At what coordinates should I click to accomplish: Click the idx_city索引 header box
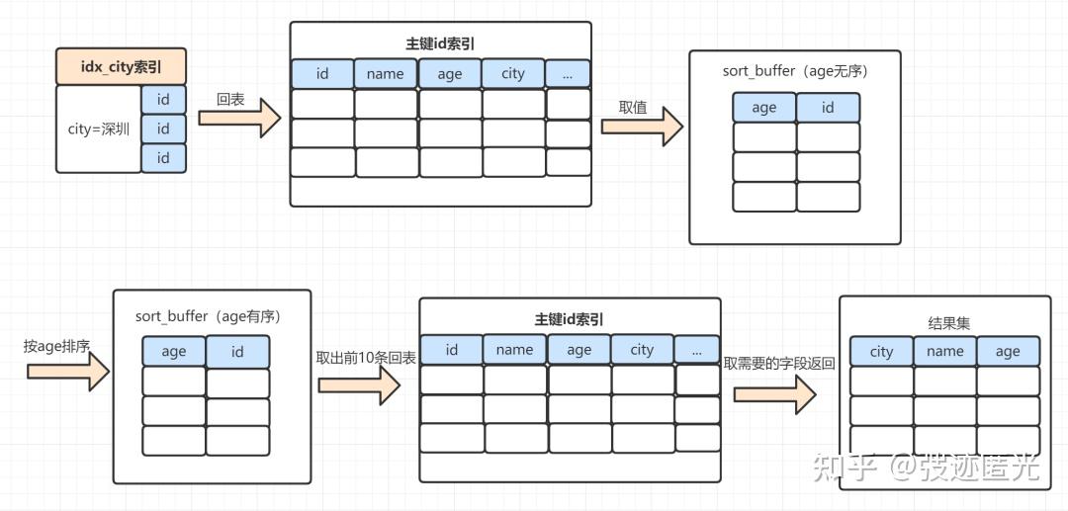click(121, 67)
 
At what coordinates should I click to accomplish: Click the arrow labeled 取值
click(642, 127)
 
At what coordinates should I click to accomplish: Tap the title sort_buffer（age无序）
click(795, 72)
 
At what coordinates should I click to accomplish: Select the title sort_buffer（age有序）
click(209, 316)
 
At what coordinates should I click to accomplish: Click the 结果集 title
click(944, 323)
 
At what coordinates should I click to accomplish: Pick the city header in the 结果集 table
click(881, 351)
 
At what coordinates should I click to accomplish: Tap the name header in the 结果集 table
click(944, 351)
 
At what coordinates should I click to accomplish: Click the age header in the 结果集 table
click(1008, 351)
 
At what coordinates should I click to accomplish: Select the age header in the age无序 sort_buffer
click(764, 108)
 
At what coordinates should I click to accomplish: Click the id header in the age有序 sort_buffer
click(237, 351)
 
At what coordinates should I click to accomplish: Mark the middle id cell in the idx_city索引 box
click(163, 128)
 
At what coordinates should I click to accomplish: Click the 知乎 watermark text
click(844, 466)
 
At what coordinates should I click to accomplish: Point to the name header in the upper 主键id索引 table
click(386, 74)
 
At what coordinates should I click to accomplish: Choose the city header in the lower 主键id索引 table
click(642, 350)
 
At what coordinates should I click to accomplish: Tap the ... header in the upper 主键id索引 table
click(568, 73)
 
